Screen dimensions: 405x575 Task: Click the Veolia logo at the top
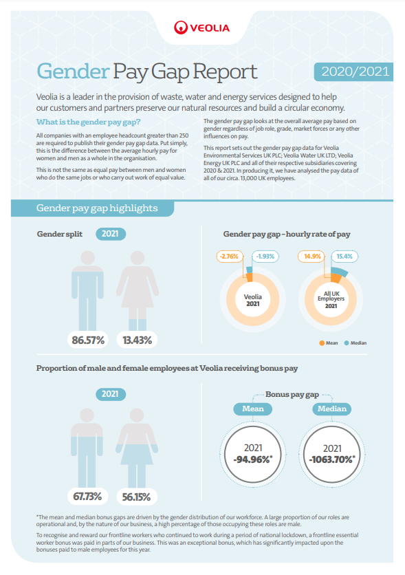(202, 28)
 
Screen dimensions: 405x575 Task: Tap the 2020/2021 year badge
(353, 72)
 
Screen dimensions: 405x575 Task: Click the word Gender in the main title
(74, 72)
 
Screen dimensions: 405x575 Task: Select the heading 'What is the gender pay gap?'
(88, 122)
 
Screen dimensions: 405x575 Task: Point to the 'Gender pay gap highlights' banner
(92, 208)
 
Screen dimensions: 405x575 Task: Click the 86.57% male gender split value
(88, 340)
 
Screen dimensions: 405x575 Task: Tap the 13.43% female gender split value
(137, 340)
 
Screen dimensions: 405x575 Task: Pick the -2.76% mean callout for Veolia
(230, 257)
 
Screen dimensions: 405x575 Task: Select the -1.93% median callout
(265, 257)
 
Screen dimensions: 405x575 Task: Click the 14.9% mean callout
(312, 257)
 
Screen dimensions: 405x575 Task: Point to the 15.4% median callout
(344, 257)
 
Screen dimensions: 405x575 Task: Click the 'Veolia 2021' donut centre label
(253, 301)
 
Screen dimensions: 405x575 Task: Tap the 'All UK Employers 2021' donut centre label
(331, 300)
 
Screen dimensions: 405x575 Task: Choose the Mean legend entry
(329, 343)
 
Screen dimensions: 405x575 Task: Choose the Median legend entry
(355, 343)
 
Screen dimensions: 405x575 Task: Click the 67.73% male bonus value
(87, 497)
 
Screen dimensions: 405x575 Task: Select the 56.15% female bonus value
(136, 497)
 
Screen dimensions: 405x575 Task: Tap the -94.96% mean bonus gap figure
(253, 459)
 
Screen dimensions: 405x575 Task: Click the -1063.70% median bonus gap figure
(332, 459)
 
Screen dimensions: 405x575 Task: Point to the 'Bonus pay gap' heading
(292, 395)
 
